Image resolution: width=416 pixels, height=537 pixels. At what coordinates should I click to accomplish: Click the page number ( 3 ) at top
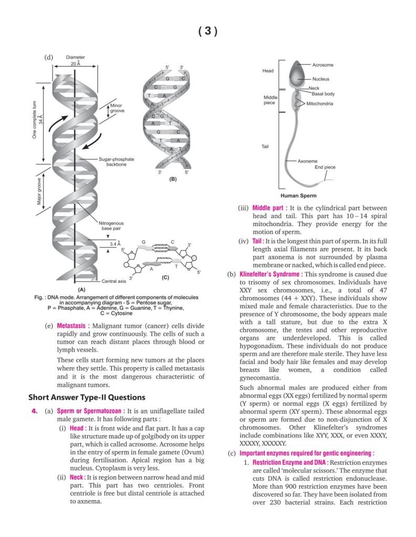(208, 31)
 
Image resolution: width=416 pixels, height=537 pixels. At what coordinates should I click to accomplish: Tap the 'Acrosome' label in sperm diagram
(323, 65)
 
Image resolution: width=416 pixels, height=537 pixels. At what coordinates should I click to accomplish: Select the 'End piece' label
(325, 167)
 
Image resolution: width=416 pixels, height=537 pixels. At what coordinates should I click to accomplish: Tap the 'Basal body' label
(323, 94)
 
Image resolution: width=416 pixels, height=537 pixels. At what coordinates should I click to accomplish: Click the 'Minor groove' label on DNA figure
(116, 109)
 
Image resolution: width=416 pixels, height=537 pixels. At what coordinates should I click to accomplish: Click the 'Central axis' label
(114, 281)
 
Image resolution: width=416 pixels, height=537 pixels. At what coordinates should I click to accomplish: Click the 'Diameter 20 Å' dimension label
(76, 60)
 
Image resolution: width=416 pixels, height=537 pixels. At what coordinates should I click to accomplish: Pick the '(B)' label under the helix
(173, 179)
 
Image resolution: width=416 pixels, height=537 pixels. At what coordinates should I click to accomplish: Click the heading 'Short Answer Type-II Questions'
(87, 397)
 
